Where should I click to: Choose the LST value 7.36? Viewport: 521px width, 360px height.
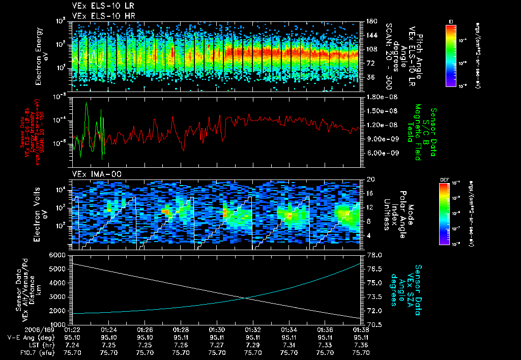(x=361, y=345)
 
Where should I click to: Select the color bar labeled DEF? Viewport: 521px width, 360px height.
(x=445, y=214)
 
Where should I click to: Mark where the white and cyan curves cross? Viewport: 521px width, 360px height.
(x=246, y=298)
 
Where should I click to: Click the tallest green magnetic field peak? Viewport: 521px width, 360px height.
(x=87, y=103)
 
